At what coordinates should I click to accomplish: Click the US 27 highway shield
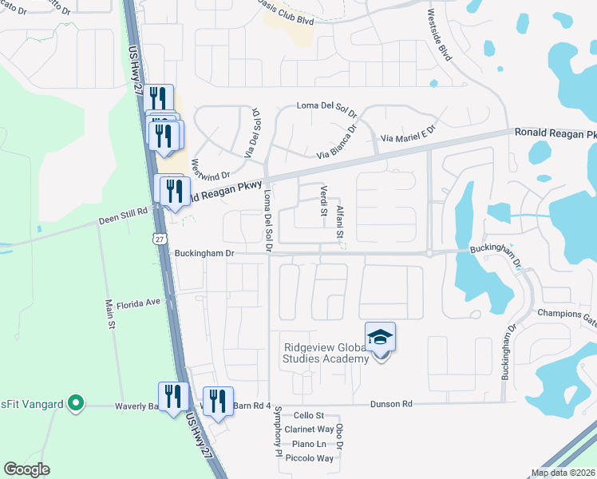[x=161, y=239]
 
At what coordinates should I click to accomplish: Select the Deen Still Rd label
[x=124, y=212]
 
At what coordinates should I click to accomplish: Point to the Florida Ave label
[x=139, y=303]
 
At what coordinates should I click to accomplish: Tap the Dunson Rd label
[x=391, y=405]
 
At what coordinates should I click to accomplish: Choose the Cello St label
[x=308, y=416]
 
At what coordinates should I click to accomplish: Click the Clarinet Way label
[x=313, y=430]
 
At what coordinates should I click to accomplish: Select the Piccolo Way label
[x=313, y=458]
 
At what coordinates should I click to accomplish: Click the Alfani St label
[x=339, y=221]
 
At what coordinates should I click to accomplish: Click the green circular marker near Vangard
[x=76, y=403]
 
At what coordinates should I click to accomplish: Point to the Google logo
[x=27, y=469]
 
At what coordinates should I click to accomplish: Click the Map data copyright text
[x=563, y=473]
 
